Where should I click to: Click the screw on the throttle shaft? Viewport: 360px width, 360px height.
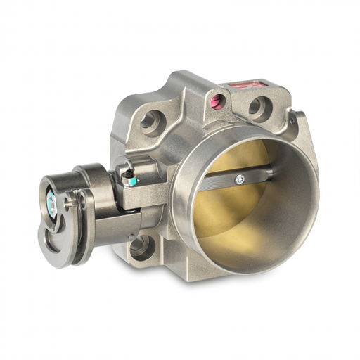[240, 177]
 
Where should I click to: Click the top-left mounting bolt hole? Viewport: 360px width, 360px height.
[150, 121]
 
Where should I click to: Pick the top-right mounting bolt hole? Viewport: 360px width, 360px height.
[257, 106]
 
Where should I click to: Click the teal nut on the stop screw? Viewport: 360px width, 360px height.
[128, 180]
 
